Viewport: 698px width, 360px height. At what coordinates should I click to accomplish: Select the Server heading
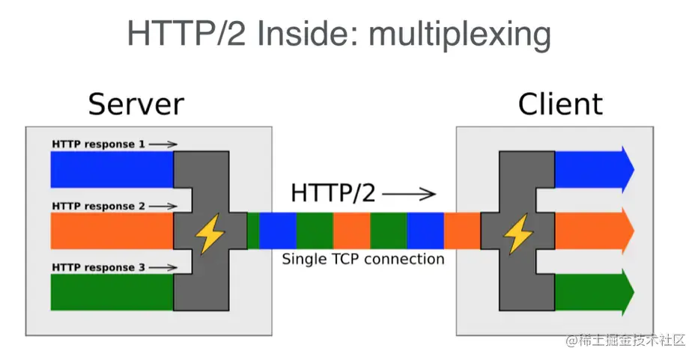click(x=136, y=104)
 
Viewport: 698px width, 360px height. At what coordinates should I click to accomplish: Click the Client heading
click(x=560, y=104)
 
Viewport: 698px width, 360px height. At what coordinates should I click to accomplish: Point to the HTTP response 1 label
click(x=98, y=144)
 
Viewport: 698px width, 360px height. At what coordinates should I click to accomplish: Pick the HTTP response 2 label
click(x=98, y=206)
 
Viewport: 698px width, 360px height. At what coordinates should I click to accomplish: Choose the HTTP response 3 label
click(x=98, y=267)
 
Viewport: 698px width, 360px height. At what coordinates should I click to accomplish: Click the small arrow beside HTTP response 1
click(x=166, y=144)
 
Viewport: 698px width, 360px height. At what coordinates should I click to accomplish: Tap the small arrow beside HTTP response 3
click(x=166, y=267)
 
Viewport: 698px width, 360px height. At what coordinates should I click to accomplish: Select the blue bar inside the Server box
click(x=112, y=170)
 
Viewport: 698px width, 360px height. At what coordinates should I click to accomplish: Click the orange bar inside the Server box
click(x=112, y=231)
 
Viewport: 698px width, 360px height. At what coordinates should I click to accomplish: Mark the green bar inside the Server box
click(x=112, y=293)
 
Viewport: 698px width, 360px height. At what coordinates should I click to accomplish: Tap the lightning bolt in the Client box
click(x=518, y=234)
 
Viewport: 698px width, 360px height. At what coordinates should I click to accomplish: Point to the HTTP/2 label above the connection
click(x=333, y=193)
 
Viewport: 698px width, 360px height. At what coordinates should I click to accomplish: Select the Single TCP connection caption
click(x=362, y=260)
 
